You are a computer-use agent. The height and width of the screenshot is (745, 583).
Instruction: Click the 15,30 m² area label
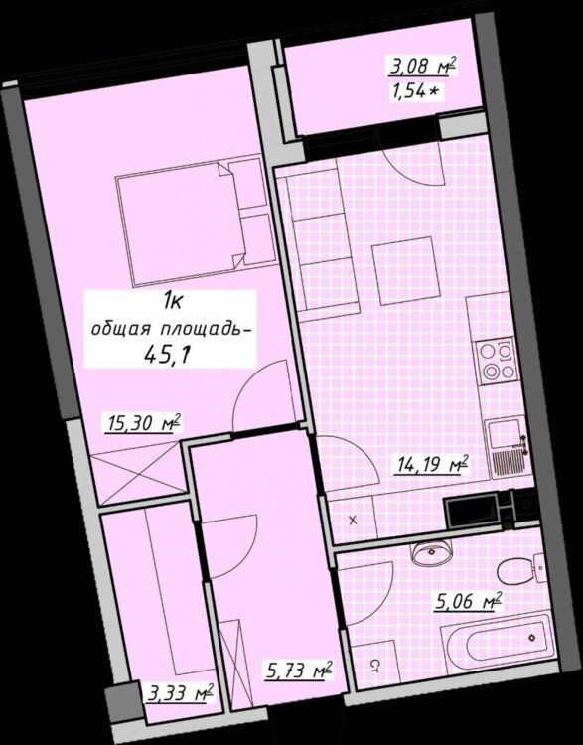(143, 423)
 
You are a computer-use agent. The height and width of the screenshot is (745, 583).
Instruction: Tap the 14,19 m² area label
(431, 464)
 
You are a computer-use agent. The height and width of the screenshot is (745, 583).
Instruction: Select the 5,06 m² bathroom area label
(469, 601)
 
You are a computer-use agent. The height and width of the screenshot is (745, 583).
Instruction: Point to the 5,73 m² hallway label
(297, 670)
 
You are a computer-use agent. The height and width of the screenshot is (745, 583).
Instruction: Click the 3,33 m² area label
(179, 693)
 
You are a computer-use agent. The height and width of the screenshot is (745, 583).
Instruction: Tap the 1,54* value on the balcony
(415, 90)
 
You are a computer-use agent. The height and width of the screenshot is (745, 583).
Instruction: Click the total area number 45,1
(170, 354)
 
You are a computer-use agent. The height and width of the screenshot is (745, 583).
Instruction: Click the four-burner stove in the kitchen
(498, 361)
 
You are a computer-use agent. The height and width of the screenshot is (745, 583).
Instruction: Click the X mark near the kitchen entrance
(353, 521)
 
